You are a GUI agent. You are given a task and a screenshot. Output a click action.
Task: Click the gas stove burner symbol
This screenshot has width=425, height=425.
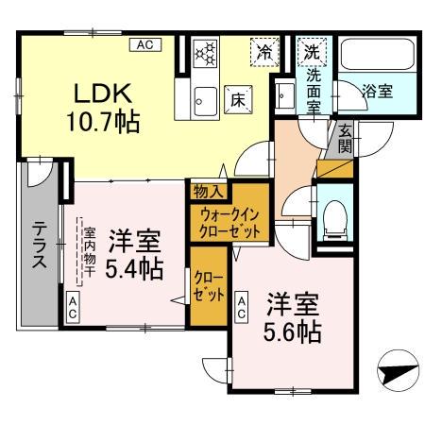click(x=205, y=54)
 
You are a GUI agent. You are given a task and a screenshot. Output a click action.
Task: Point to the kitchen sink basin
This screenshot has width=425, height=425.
click(x=205, y=94)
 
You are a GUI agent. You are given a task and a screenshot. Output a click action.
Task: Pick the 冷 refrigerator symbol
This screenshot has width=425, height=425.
click(x=267, y=53)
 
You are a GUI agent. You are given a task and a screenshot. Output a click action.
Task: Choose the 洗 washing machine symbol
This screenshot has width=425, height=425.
click(x=311, y=53)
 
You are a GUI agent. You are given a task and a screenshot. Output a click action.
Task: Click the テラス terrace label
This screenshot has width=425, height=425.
click(x=41, y=246)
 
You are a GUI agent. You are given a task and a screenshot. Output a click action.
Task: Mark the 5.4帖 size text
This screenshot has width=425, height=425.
click(x=134, y=268)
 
